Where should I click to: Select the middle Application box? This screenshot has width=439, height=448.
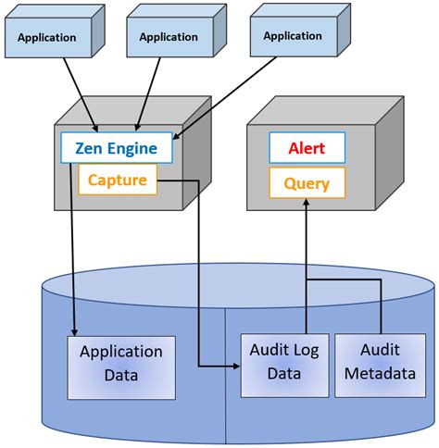coord(168,37)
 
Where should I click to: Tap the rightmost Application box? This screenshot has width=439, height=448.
coord(292,36)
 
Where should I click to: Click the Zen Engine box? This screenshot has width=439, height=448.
coord(116,148)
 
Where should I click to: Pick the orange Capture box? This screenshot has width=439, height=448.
coord(117,180)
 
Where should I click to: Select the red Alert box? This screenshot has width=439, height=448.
coord(307,148)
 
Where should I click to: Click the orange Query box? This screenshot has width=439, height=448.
coord(307,182)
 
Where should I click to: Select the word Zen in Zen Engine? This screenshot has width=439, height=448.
coord(90,148)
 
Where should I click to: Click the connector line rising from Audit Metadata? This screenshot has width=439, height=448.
coord(380,305)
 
